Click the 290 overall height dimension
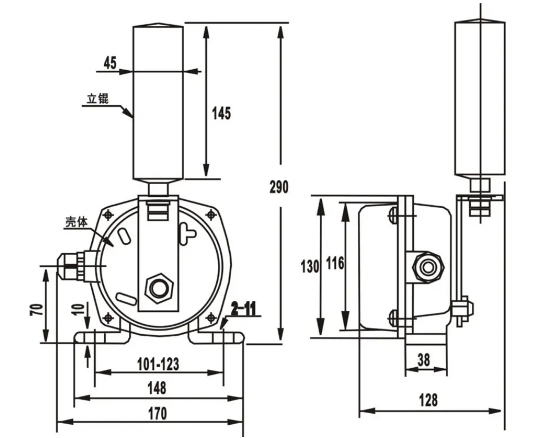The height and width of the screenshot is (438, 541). (x=279, y=187)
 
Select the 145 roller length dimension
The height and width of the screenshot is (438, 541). (x=221, y=113)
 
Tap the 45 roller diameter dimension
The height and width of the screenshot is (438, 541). (x=110, y=63)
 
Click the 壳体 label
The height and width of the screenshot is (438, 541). (x=77, y=222)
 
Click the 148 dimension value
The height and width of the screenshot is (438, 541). (x=157, y=388)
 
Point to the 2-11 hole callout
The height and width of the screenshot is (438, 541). (x=243, y=309)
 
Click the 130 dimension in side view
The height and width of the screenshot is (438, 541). (x=310, y=267)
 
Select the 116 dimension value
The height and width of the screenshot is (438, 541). (x=334, y=264)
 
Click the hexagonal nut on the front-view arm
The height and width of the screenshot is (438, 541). (x=159, y=286)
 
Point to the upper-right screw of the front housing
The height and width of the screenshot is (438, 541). (x=210, y=214)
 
